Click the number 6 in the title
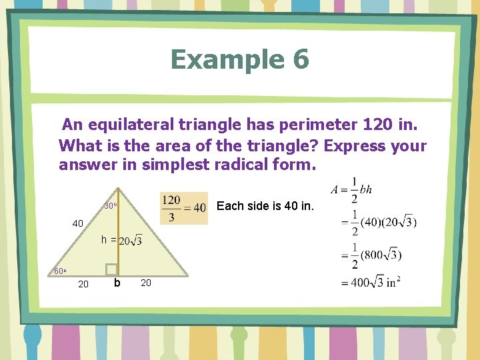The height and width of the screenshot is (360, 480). click(x=299, y=59)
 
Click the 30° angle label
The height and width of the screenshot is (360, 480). click(x=110, y=206)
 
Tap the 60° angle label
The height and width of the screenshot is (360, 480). click(x=59, y=271)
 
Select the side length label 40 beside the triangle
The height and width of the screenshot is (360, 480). click(x=78, y=224)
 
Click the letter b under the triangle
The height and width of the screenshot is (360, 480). click(x=117, y=283)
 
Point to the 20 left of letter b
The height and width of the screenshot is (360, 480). click(x=83, y=285)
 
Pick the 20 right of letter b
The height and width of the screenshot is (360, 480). click(x=146, y=283)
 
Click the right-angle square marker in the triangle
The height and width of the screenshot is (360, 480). click(x=112, y=268)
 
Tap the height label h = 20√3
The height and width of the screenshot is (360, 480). click(x=121, y=240)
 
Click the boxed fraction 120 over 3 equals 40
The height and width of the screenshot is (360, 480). click(x=183, y=208)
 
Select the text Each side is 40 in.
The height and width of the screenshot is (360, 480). click(x=265, y=206)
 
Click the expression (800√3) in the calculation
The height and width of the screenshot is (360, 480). click(x=384, y=254)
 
